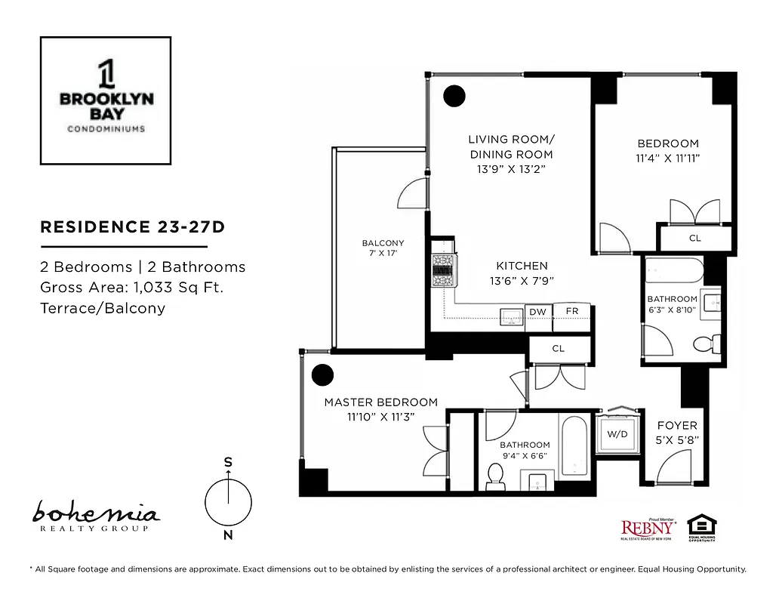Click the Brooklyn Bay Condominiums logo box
(105, 100)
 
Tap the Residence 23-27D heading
(132, 227)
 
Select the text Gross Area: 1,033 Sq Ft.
(131, 287)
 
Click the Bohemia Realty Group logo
(95, 518)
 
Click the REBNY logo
(648, 528)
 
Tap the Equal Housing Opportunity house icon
(701, 526)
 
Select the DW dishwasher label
(537, 312)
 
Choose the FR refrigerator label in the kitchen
(571, 312)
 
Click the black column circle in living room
(454, 96)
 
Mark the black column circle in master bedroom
(323, 374)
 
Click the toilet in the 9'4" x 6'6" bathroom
(496, 476)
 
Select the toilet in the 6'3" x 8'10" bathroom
(704, 344)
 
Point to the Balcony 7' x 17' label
(383, 248)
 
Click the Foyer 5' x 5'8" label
(677, 432)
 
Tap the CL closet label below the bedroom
(694, 239)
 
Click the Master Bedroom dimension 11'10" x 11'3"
(380, 417)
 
